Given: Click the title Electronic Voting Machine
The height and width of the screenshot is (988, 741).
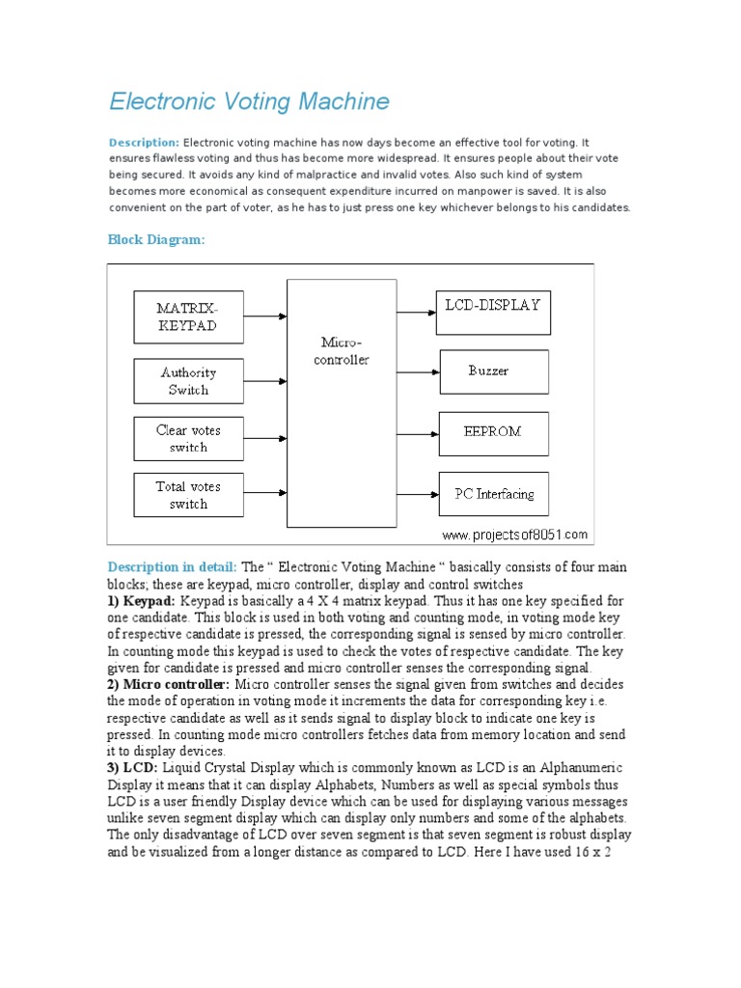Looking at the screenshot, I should point(249,101).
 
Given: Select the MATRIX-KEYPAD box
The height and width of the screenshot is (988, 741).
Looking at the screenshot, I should point(188,316).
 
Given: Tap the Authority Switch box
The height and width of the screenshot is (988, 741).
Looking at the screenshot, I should point(188,381).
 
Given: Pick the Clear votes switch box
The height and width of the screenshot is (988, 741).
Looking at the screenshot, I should point(188,438).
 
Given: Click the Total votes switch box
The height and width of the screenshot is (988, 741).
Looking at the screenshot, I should point(188,495).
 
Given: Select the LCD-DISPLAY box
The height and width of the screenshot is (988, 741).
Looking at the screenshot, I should point(493,312).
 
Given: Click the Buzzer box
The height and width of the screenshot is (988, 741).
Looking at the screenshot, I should point(494,370).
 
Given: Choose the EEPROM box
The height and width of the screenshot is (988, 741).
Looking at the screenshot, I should point(493,432).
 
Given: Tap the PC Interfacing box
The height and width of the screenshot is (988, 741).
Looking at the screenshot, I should point(494,494).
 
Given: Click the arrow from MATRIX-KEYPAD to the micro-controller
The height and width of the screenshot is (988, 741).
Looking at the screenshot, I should point(265,316).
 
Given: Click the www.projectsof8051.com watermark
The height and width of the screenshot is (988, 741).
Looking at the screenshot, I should point(514,535).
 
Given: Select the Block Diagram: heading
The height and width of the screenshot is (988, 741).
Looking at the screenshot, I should point(155,239).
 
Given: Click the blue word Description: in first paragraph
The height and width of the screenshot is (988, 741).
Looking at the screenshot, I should point(144,142).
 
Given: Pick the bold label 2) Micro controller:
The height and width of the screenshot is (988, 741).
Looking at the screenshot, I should point(169,683).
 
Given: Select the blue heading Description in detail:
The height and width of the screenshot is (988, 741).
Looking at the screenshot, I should point(172,567).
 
